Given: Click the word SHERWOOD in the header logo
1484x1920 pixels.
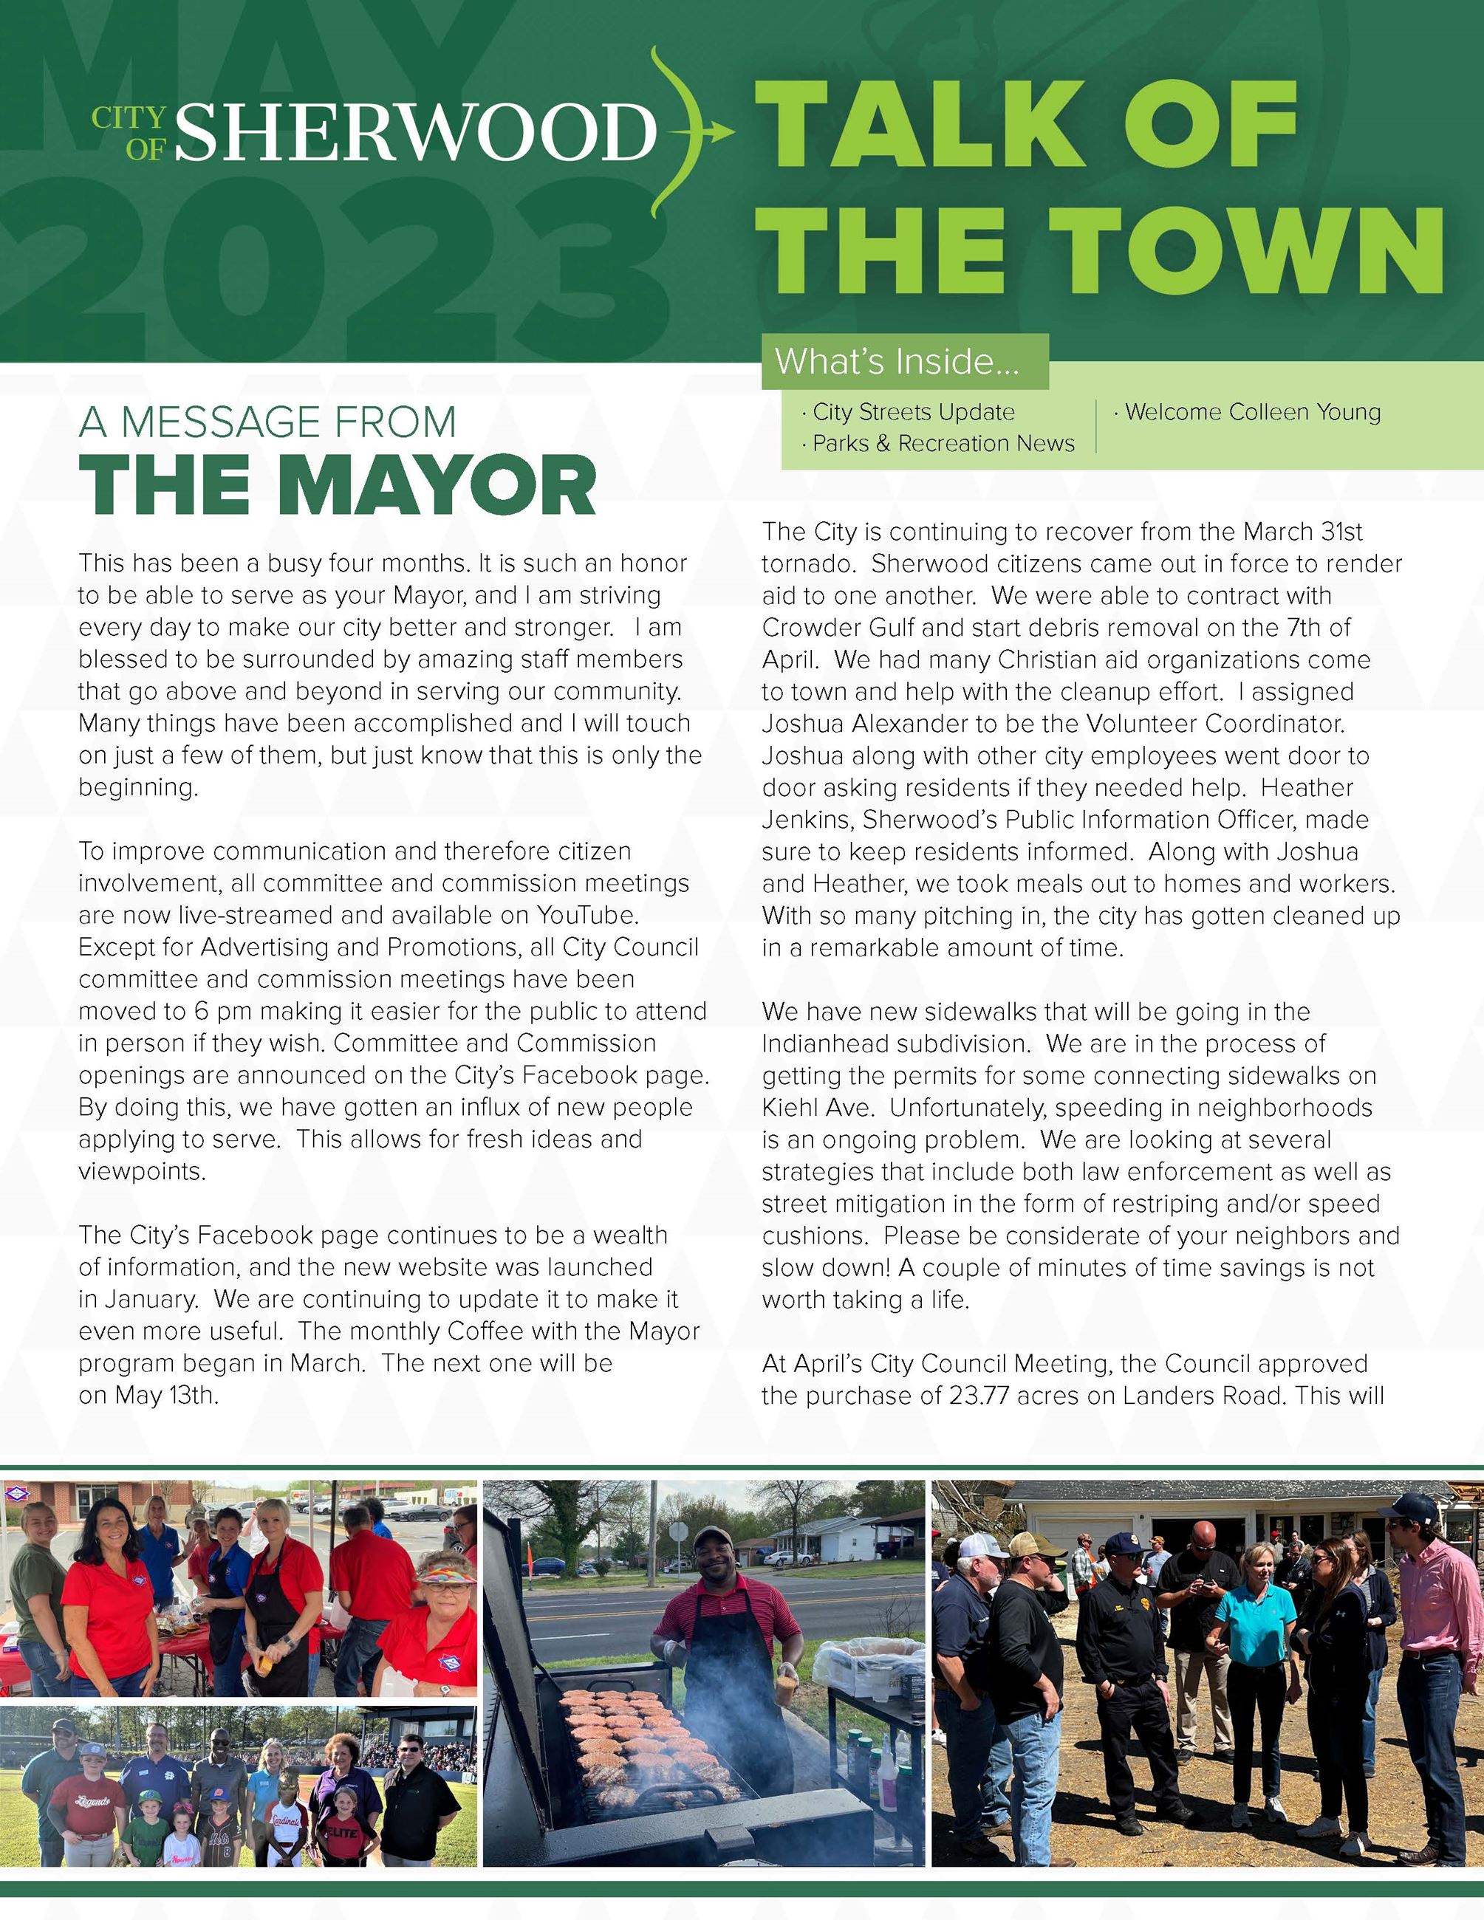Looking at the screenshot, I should point(416,132).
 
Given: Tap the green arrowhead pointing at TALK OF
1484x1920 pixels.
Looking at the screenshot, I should point(722,132).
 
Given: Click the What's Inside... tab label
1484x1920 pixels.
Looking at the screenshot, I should point(896,361).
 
